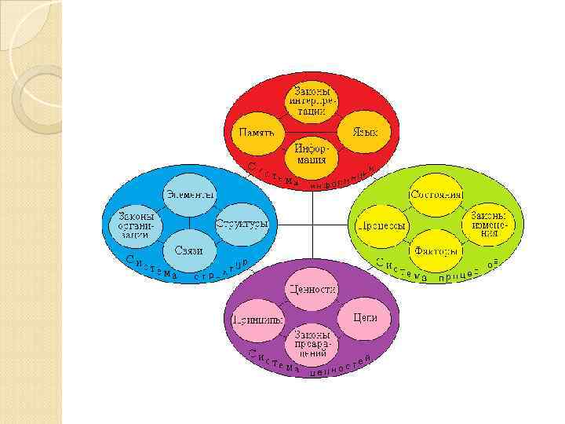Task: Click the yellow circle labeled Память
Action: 257,132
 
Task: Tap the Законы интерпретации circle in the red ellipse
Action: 312,101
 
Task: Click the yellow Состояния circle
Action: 436,193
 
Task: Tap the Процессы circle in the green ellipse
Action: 381,225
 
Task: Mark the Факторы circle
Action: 436,251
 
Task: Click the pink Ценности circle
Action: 312,289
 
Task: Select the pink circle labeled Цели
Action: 366,318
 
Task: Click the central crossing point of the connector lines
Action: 312,225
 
